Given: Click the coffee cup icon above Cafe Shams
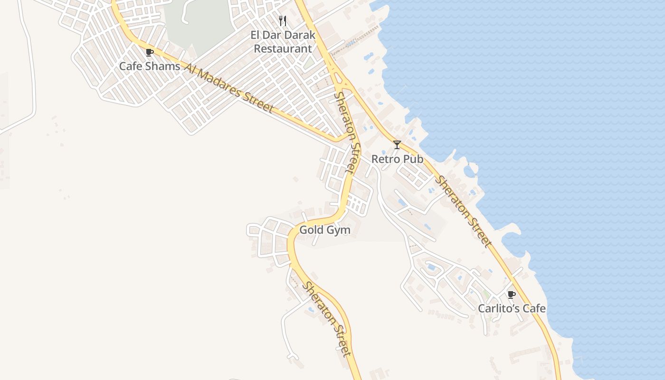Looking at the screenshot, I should pyautogui.click(x=149, y=52).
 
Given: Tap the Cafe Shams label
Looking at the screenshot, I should pyautogui.click(x=149, y=66).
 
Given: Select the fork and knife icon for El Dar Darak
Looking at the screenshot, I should pyautogui.click(x=283, y=21).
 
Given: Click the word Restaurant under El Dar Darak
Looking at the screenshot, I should pyautogui.click(x=283, y=48).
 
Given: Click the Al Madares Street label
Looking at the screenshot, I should pyautogui.click(x=229, y=89).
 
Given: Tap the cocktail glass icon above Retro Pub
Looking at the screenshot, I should pyautogui.click(x=397, y=145).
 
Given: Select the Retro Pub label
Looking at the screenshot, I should pyautogui.click(x=397, y=159).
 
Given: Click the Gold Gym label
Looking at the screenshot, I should pyautogui.click(x=325, y=230).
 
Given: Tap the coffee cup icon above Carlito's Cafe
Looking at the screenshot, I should pyautogui.click(x=511, y=294).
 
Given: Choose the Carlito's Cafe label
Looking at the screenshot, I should pyautogui.click(x=512, y=309).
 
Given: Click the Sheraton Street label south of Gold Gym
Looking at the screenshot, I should pyautogui.click(x=327, y=319).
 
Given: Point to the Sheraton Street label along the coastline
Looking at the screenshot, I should pyautogui.click(x=463, y=212).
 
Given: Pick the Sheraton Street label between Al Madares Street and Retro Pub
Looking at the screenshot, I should pyautogui.click(x=347, y=133).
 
